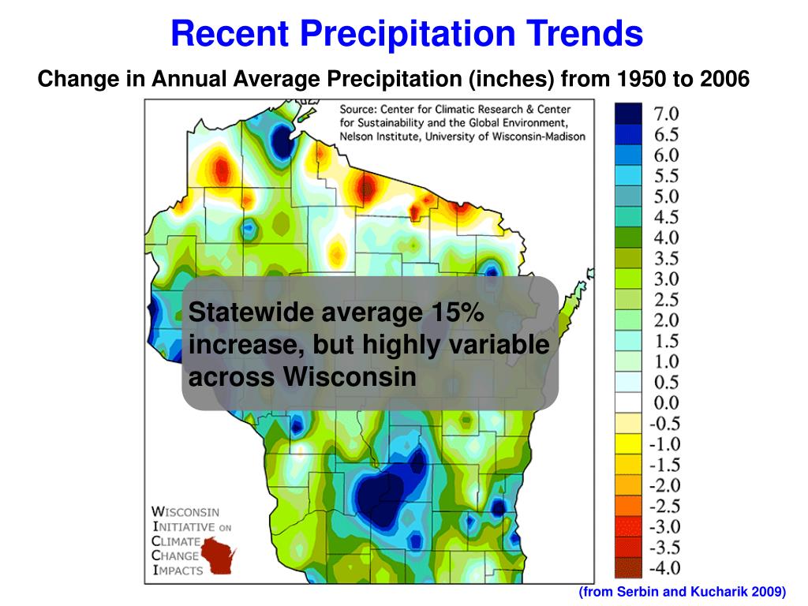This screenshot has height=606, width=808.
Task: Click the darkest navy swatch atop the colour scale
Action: click(x=628, y=114)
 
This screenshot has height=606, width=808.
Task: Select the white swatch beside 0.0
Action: click(x=628, y=403)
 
